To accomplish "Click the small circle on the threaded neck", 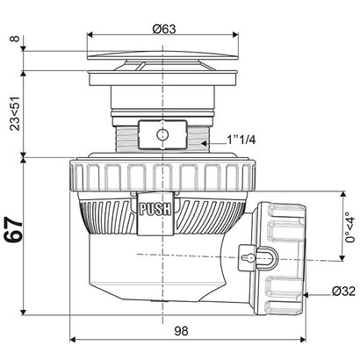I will [160, 136].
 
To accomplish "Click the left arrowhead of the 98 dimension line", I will [71, 341].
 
